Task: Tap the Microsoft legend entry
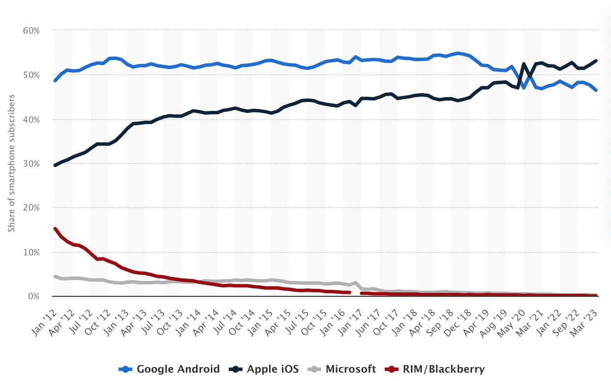342,369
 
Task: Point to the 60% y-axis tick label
31,31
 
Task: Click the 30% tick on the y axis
31,164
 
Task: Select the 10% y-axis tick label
31,252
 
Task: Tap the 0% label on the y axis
34,296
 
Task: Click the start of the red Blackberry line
55,229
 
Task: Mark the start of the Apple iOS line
55,165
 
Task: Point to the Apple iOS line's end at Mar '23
596,61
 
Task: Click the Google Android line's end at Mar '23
596,90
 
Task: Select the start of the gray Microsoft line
55,277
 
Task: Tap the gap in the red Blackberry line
356,293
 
